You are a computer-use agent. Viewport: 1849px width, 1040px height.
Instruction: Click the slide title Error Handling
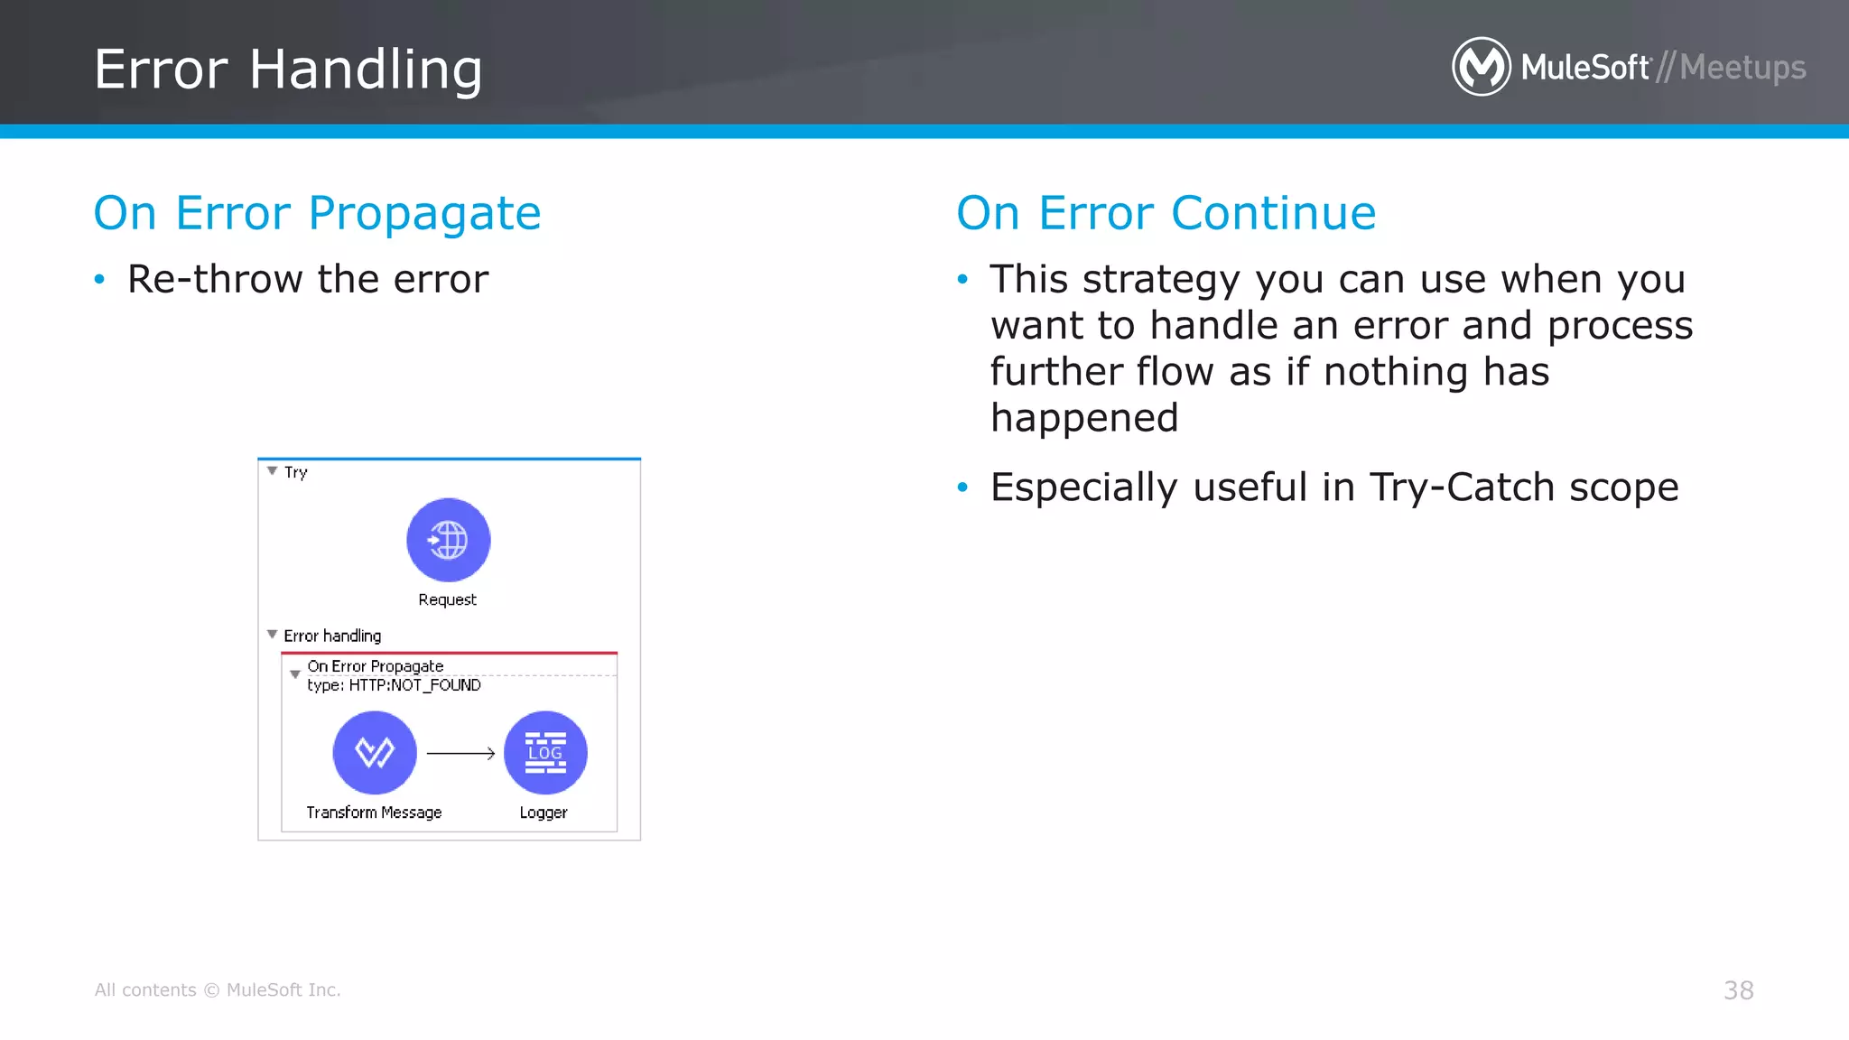[288, 70]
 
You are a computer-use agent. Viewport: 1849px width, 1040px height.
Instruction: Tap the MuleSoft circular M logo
[1481, 67]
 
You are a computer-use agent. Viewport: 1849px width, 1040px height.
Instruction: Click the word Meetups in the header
[1742, 68]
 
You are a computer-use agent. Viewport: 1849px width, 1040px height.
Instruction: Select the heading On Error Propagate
[317, 214]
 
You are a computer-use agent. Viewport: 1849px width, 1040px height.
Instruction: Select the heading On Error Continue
[1166, 214]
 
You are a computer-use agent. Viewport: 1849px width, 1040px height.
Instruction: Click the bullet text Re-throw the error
[308, 279]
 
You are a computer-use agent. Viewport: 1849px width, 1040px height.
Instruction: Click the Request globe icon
[448, 540]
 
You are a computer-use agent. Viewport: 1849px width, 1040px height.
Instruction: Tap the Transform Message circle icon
[375, 752]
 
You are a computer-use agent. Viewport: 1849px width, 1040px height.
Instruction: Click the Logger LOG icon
[544, 752]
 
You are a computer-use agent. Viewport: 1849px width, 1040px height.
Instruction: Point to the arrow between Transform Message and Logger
[460, 753]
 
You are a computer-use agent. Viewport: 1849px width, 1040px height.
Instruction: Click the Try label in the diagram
[295, 472]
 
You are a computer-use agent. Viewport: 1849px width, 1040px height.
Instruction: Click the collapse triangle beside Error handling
[272, 635]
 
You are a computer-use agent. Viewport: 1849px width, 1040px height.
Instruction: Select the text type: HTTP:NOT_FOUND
[394, 685]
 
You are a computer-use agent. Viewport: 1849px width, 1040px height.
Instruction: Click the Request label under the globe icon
[447, 600]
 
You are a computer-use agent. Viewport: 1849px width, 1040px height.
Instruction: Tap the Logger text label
[544, 812]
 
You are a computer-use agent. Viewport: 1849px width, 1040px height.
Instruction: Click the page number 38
[1738, 990]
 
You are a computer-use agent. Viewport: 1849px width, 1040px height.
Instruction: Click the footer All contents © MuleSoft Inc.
[218, 990]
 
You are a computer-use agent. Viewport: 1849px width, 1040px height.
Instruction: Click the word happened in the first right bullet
[1084, 418]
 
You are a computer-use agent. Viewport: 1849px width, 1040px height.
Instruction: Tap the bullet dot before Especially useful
[962, 488]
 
